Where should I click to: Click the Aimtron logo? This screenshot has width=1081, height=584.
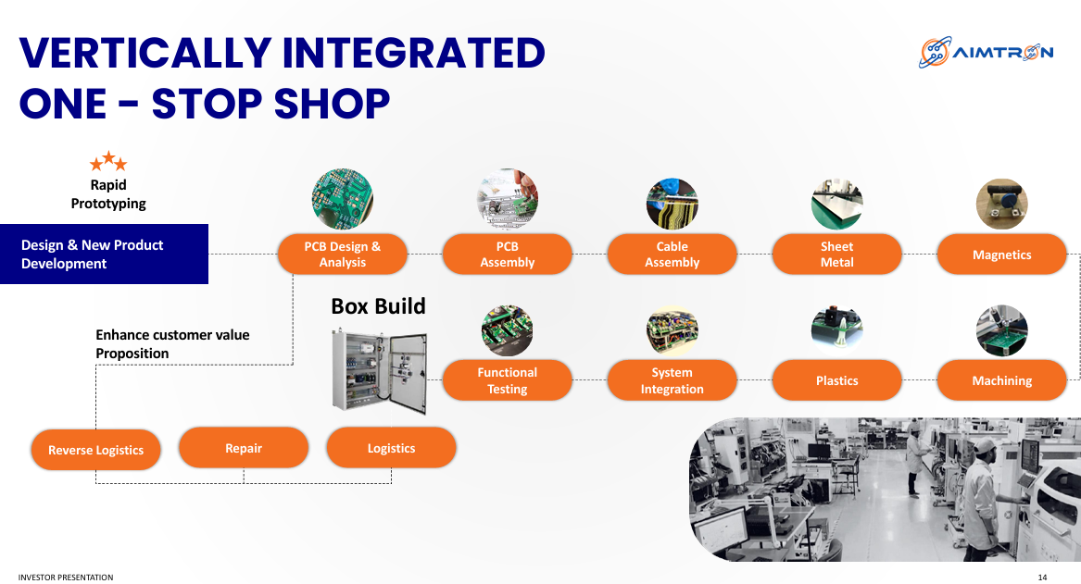point(986,53)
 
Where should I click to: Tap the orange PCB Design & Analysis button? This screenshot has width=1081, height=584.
point(343,255)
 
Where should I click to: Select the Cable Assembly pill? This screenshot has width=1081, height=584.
point(672,255)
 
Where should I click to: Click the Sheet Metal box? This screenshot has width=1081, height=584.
point(837,255)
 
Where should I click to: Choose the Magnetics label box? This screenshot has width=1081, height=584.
point(1001,255)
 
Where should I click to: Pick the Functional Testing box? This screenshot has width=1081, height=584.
point(508,380)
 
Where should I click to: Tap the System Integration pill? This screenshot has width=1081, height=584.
point(672,380)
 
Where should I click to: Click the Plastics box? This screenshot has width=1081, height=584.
point(837,380)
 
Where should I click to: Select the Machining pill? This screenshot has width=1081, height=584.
point(1001,380)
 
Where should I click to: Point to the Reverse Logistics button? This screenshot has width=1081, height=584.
point(95,450)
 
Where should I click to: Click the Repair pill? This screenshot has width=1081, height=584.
point(244,448)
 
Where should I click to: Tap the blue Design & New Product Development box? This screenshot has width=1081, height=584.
point(104,255)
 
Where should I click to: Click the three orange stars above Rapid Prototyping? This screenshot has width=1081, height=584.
point(108,162)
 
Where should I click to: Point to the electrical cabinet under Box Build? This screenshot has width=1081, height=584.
point(379,371)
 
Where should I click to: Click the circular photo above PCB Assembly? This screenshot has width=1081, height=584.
point(508,199)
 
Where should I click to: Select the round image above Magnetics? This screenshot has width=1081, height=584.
point(1001,204)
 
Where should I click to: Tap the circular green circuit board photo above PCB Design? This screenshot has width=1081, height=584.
point(343,199)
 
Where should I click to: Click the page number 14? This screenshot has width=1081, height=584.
point(1042,578)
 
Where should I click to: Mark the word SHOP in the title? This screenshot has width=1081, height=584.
point(332,104)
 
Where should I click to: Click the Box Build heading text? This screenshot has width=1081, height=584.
point(379,305)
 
